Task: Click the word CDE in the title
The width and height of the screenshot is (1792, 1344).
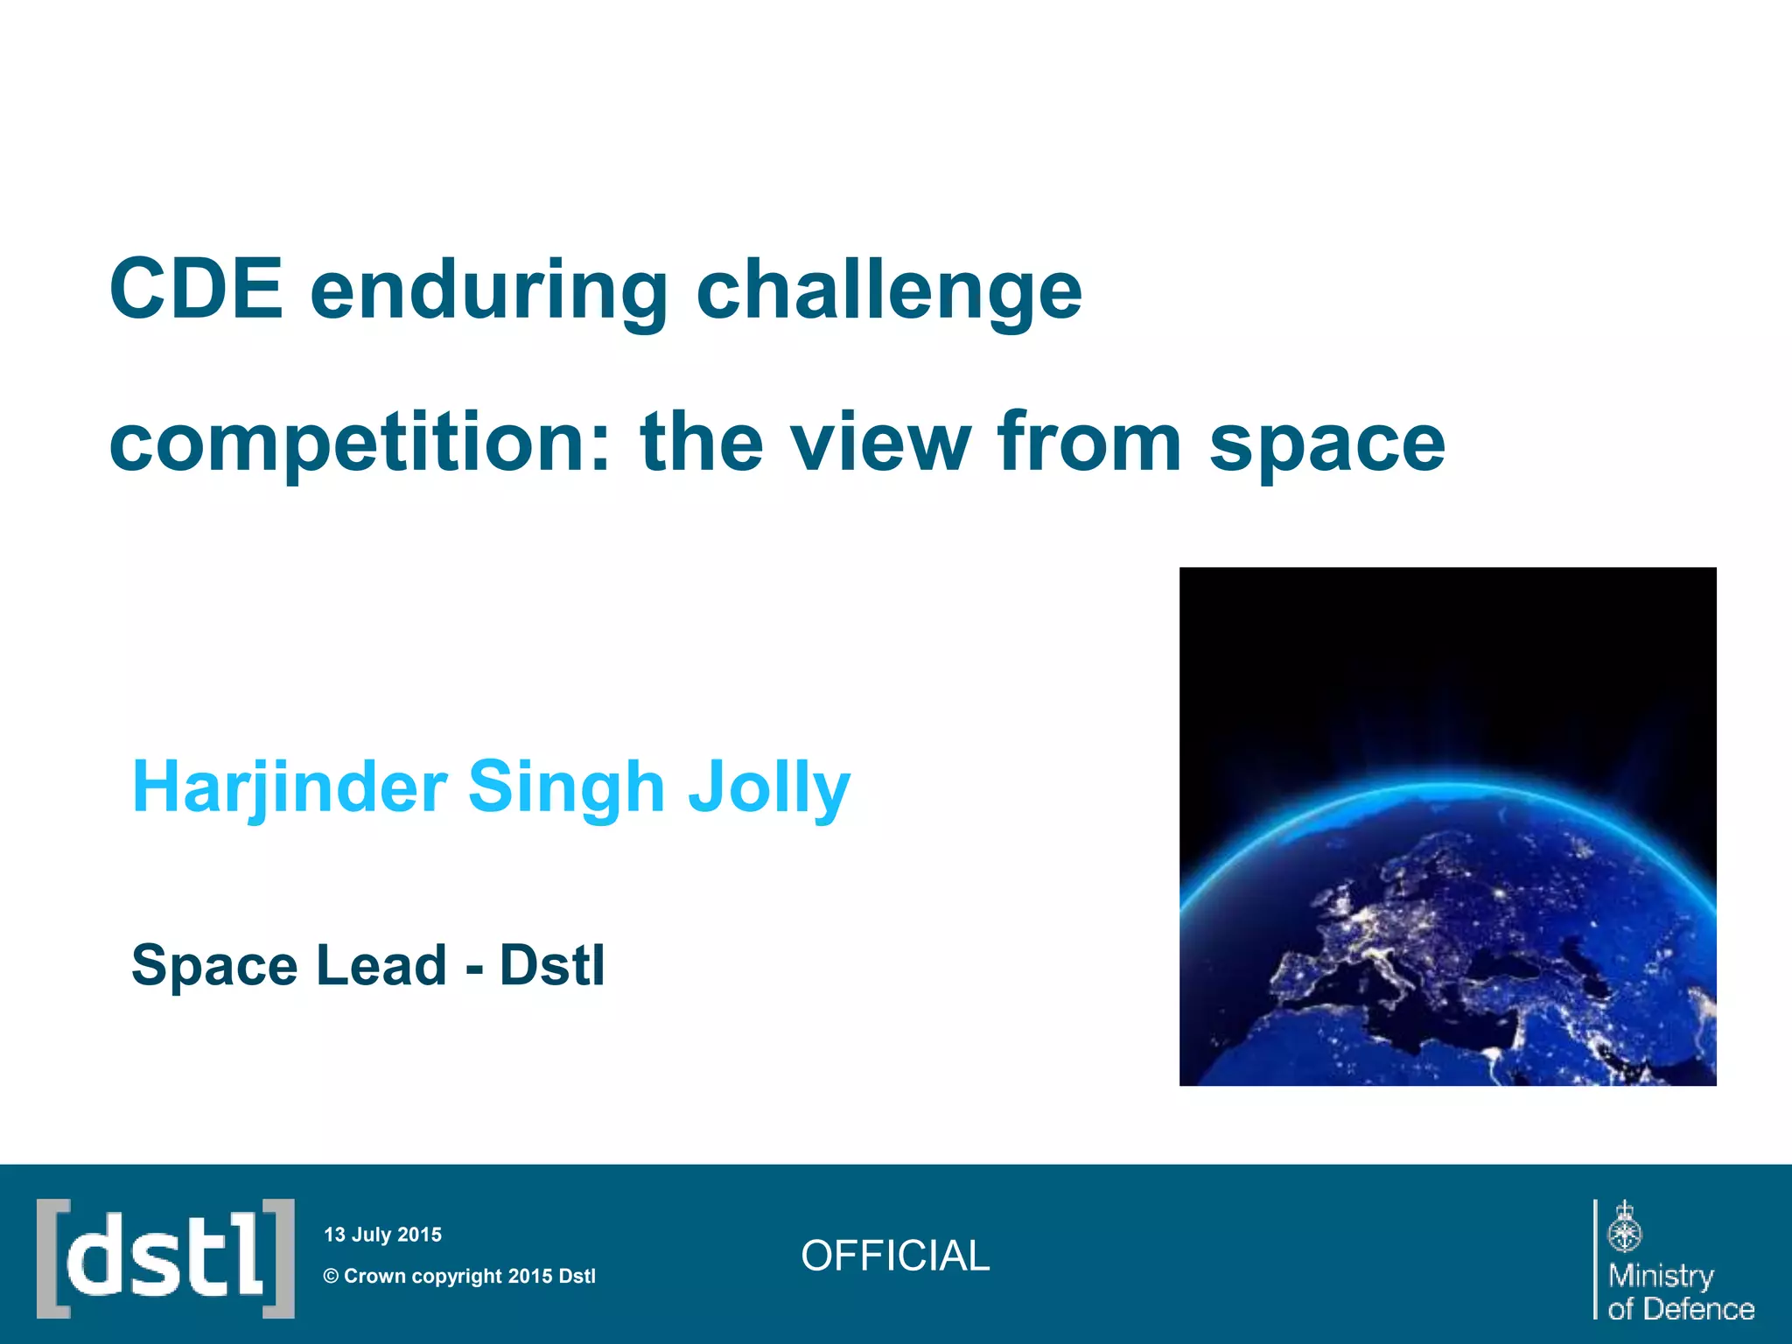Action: point(196,290)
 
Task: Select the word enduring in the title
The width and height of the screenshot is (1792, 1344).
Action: point(489,293)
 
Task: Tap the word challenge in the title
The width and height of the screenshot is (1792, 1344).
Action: point(889,293)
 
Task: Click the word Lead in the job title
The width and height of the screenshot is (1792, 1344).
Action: point(381,965)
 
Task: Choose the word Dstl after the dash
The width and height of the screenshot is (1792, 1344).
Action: point(551,965)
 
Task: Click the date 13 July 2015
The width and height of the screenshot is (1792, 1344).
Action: point(382,1235)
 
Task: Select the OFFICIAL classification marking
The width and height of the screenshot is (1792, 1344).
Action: point(894,1256)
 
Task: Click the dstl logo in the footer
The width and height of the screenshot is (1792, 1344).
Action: point(165,1258)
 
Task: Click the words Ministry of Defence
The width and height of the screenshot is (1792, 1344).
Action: point(1680,1291)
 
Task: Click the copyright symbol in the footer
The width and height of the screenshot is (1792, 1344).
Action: point(331,1276)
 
